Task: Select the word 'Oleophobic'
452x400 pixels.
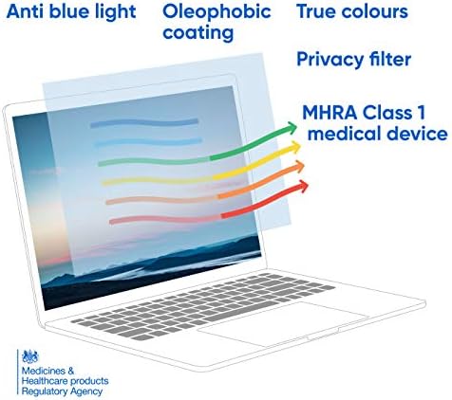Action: tap(216, 12)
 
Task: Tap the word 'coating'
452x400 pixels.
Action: tap(198, 33)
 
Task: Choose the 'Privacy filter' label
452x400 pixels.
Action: tap(353, 60)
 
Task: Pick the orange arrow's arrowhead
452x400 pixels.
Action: tap(301, 168)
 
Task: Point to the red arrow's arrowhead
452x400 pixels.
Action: tap(304, 188)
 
